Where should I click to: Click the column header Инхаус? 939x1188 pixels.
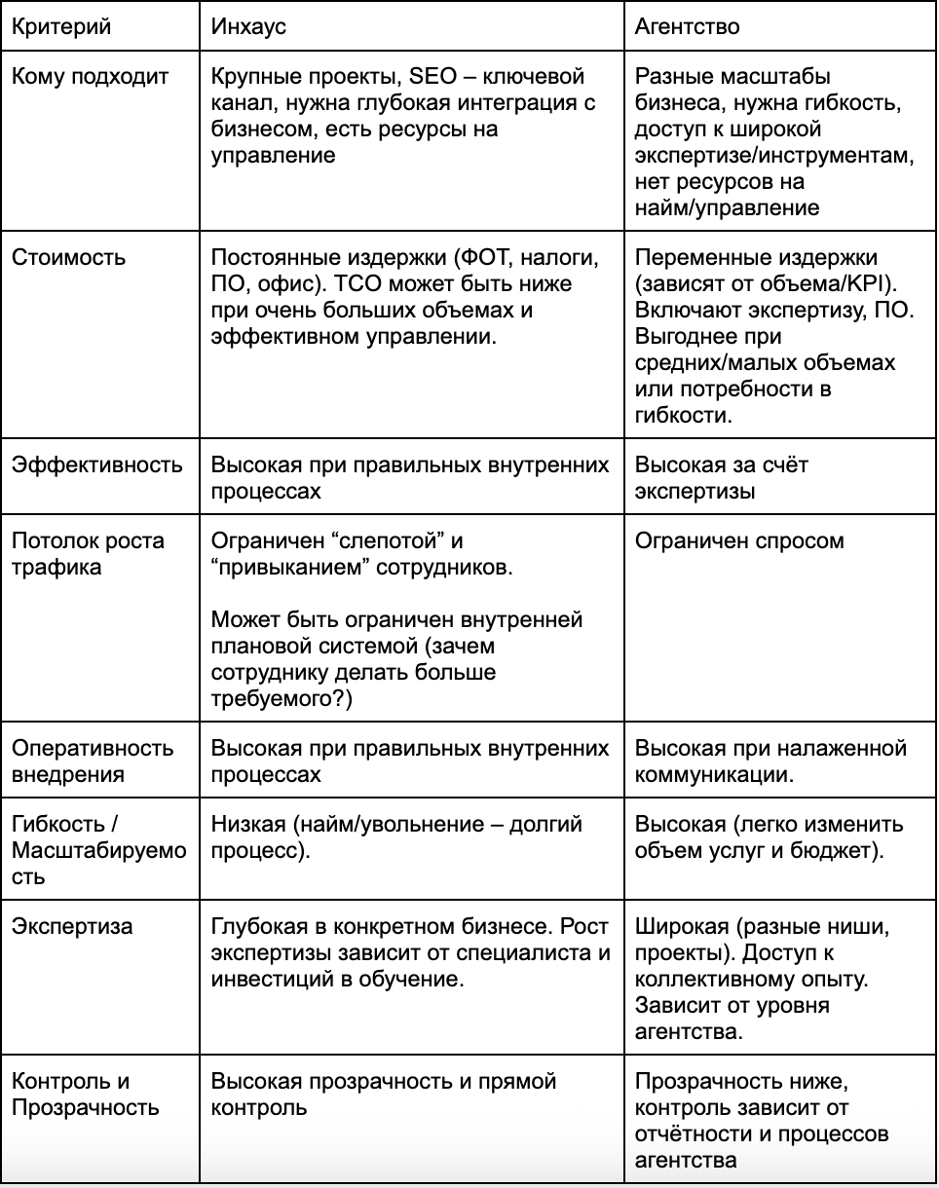tap(248, 26)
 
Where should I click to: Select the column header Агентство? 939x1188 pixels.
tap(687, 26)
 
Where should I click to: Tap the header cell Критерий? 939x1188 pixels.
tap(61, 26)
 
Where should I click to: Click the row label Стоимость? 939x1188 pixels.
tap(68, 257)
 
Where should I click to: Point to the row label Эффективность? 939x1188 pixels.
tap(96, 464)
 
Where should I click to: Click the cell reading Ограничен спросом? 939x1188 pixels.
tap(739, 540)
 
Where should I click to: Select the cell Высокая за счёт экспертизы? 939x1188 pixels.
tap(721, 477)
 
